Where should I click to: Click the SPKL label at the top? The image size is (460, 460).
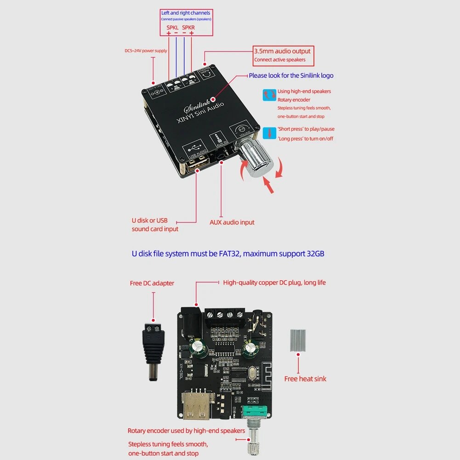[172, 28]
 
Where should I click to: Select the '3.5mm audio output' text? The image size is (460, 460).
[282, 51]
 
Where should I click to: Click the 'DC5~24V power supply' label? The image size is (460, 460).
[146, 51]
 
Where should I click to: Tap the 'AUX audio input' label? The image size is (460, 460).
[232, 222]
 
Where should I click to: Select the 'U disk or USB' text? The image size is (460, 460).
[149, 221]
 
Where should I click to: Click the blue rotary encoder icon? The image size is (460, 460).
[269, 95]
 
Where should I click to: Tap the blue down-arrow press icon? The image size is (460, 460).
[269, 134]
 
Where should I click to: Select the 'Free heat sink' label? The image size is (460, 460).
[305, 379]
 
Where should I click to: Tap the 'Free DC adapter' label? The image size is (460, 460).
[152, 283]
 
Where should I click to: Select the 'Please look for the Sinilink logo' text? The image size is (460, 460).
[291, 75]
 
